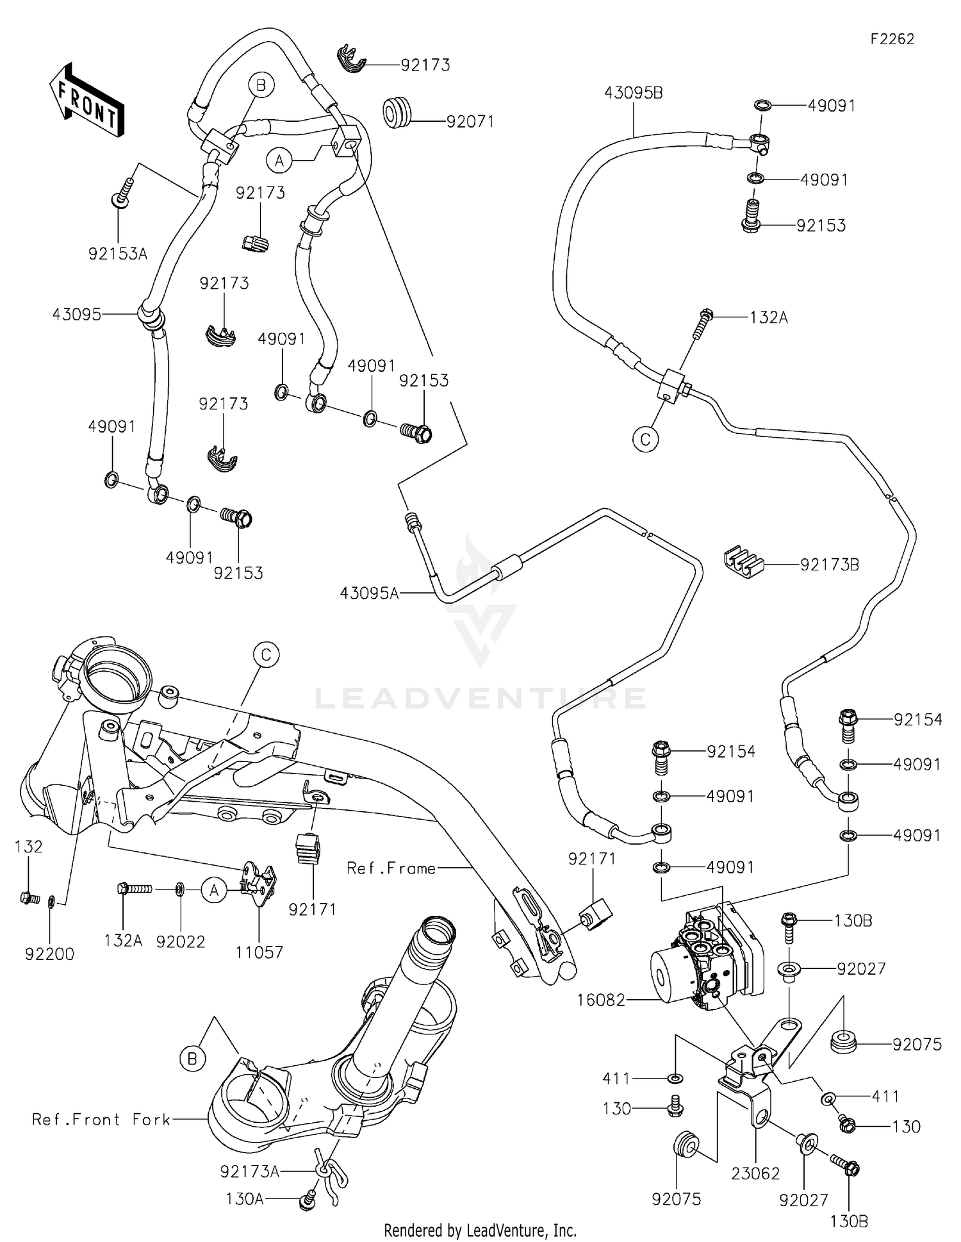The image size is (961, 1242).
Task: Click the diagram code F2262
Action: (892, 39)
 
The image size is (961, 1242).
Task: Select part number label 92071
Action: (470, 121)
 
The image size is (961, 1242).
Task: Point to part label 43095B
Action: (633, 93)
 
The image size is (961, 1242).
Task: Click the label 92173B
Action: (829, 565)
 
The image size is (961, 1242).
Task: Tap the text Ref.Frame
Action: (391, 868)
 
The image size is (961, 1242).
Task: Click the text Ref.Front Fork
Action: (101, 1119)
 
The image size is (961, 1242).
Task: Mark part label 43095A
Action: (369, 593)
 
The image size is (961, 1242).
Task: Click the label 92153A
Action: (118, 254)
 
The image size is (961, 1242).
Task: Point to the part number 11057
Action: (259, 952)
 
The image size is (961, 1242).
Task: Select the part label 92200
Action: (49, 954)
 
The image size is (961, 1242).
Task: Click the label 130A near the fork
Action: (244, 1198)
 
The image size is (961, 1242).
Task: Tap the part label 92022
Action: (181, 941)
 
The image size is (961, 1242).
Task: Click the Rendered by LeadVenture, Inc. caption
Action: (480, 1230)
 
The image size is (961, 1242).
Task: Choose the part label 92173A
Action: (249, 1172)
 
